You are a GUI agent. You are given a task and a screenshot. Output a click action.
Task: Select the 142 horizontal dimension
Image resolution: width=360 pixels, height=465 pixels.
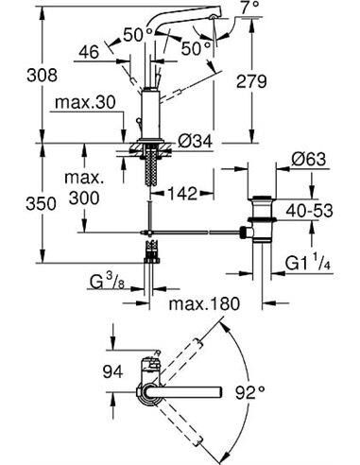pos(180,195)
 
